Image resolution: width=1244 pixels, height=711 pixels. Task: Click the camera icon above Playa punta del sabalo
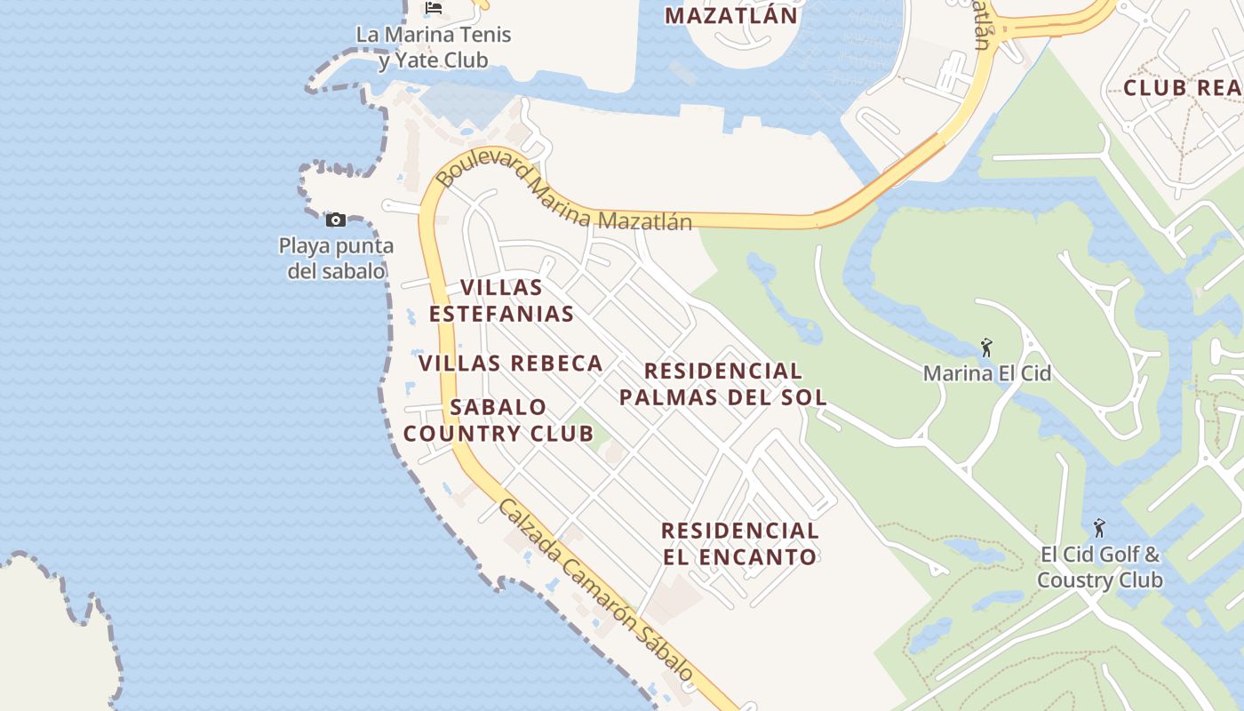[x=336, y=220]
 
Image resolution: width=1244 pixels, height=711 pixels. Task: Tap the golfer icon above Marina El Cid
[x=985, y=348]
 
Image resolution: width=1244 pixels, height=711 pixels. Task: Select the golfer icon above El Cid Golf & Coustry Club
[x=1099, y=528]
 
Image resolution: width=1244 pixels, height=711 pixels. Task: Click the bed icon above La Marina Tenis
[x=434, y=8]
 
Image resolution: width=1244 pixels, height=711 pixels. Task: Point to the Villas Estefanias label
[x=500, y=300]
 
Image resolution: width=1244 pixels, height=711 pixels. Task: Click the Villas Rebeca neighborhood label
[x=510, y=363]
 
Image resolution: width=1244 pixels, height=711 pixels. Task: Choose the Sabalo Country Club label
[x=498, y=420]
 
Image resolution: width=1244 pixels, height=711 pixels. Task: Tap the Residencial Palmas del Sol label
[x=722, y=384]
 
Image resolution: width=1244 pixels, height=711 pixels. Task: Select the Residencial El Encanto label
[x=739, y=544]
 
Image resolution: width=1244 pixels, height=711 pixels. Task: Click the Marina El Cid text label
[x=986, y=373]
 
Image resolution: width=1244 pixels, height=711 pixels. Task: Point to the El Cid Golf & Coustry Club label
[x=1099, y=568]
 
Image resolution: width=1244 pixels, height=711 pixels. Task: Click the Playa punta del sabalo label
[x=336, y=258]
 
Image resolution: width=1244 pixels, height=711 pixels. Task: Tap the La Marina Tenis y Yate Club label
[x=434, y=47]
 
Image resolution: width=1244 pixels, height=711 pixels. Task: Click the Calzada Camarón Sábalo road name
[x=595, y=591]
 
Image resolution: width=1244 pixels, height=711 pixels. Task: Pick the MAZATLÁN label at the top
[x=730, y=15]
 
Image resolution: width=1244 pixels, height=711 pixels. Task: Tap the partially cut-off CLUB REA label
[x=1182, y=88]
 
